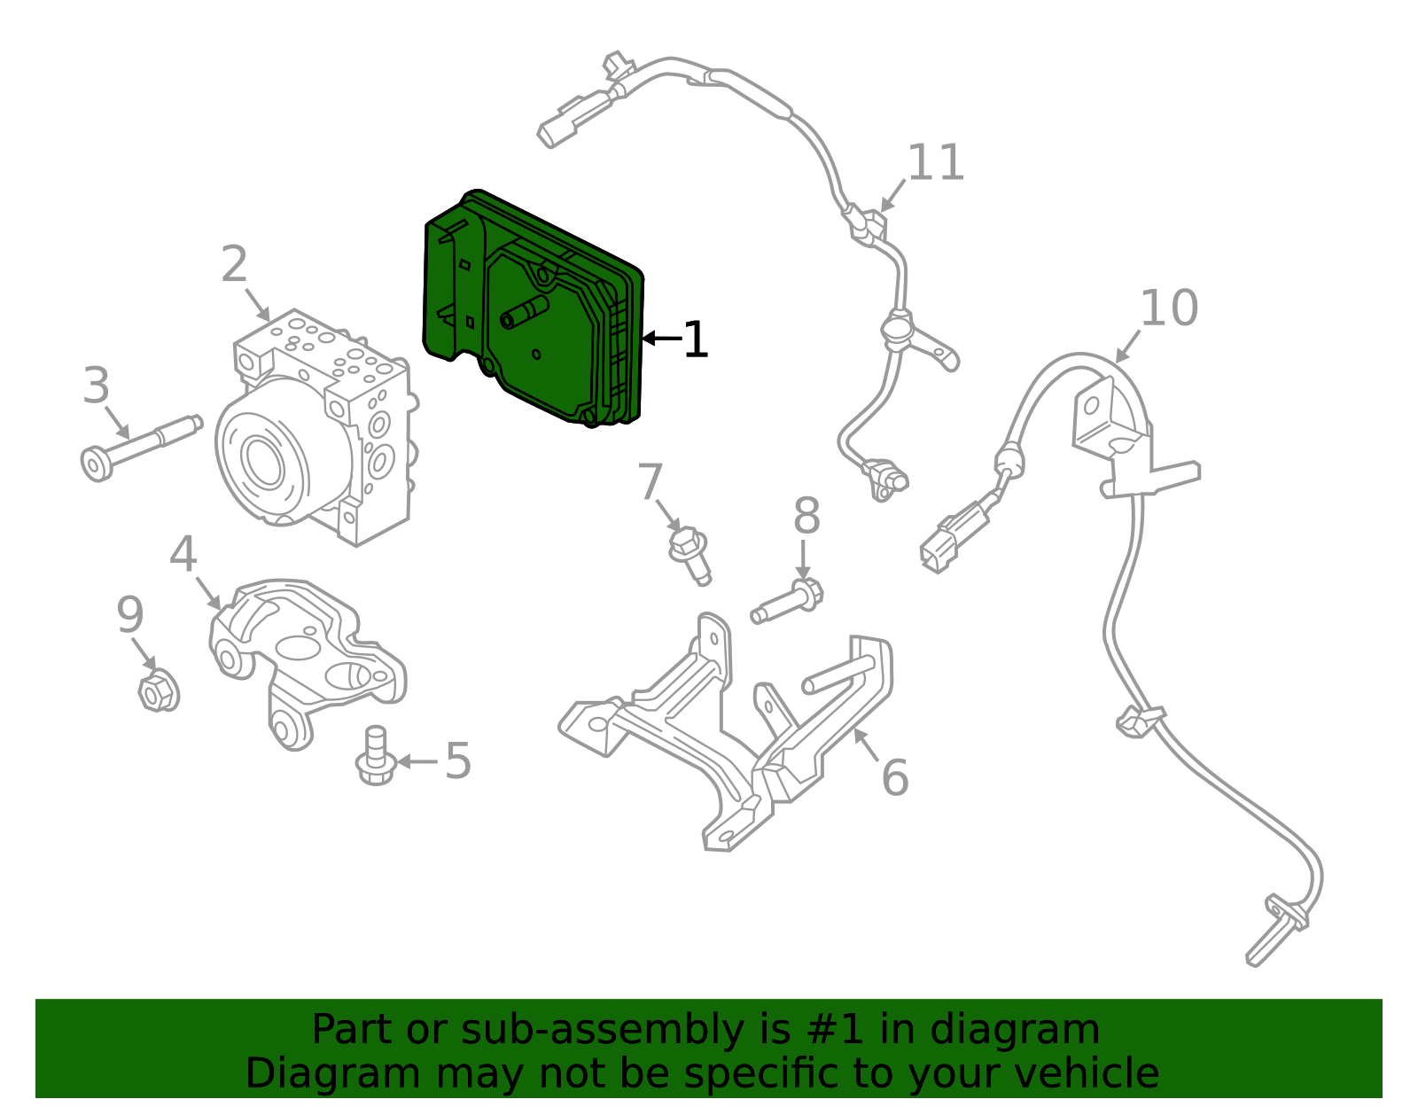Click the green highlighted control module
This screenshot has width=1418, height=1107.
532,310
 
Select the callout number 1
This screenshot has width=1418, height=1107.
696,340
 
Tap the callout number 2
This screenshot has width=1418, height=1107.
234,264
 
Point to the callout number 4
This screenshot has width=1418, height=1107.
183,555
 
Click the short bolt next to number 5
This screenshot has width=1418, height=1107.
376,758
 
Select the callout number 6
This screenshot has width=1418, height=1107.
894,777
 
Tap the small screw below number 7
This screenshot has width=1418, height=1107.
690,554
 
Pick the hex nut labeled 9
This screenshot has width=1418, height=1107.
158,690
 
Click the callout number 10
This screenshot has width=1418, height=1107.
1168,308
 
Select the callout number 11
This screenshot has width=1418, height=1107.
936,163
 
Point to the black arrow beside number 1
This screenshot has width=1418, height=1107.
660,339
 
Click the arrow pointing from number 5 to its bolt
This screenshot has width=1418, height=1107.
417,760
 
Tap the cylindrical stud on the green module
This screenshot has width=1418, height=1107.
525,312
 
